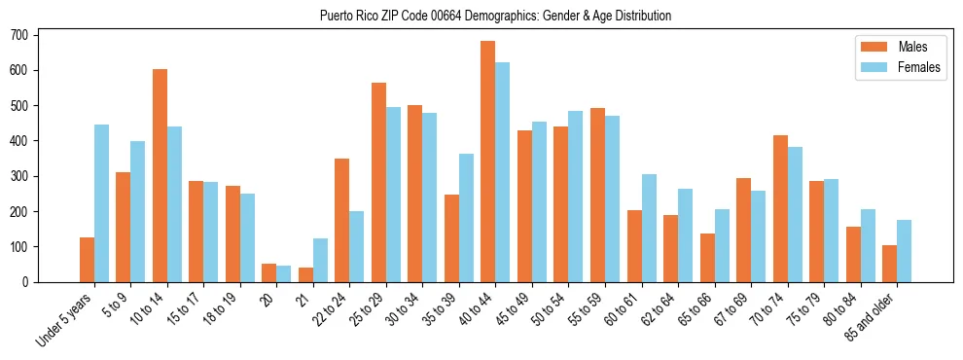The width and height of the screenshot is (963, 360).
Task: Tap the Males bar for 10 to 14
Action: (160, 175)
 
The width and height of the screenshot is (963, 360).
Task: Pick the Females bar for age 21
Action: (320, 260)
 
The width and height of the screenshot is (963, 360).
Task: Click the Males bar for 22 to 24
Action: (342, 220)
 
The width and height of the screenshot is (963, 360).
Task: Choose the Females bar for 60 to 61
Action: (649, 228)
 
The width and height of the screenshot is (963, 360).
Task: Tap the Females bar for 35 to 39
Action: (466, 218)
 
